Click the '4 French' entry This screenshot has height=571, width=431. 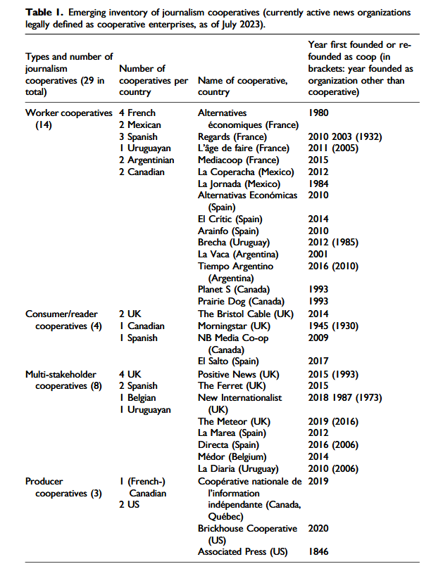(137, 113)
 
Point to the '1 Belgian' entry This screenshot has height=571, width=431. (139, 397)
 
